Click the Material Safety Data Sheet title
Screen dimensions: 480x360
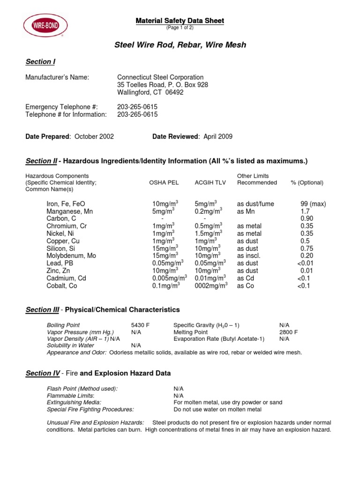pos(180,21)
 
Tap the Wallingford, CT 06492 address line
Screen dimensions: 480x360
pos(150,93)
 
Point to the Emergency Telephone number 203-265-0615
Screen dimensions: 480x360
pos(137,107)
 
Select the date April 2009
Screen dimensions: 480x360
pos(218,136)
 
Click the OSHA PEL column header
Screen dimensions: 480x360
pos(164,183)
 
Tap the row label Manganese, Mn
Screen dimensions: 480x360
pos(70,211)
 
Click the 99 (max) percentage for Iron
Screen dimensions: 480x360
pos(313,204)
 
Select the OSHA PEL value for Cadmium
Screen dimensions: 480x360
pos(169,278)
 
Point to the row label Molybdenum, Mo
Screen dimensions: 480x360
pos(71,255)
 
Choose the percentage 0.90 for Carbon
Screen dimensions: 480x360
pos(307,219)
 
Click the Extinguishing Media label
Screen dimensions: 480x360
pos(74,402)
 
